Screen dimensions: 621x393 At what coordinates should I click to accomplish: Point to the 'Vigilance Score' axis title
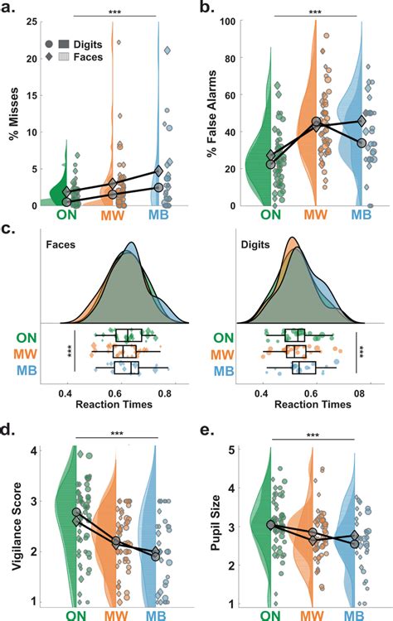(12, 527)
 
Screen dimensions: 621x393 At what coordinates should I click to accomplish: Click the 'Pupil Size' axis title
(216, 527)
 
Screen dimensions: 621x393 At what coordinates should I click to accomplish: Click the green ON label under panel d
(67, 615)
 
